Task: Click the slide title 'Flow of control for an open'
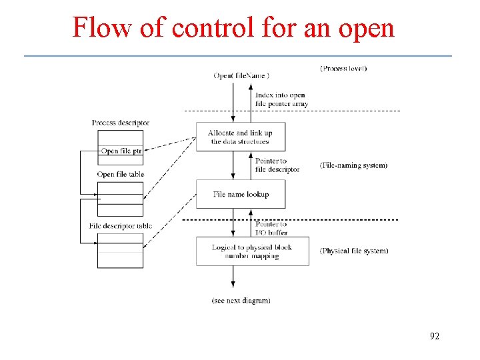click(233, 27)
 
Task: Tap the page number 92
click(434, 336)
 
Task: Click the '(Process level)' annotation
click(343, 68)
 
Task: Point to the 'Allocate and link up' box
click(241, 137)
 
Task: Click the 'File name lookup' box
click(241, 194)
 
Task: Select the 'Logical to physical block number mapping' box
click(252, 251)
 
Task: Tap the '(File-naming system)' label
click(353, 165)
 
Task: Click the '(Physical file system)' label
click(354, 251)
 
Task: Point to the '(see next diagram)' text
click(241, 301)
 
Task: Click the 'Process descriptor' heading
click(121, 123)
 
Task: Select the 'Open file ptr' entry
click(121, 151)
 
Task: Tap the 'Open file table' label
click(121, 175)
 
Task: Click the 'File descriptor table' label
click(121, 226)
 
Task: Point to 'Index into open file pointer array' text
click(281, 99)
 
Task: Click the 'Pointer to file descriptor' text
click(277, 165)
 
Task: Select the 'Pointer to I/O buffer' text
click(271, 228)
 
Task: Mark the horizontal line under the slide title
click(238, 55)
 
